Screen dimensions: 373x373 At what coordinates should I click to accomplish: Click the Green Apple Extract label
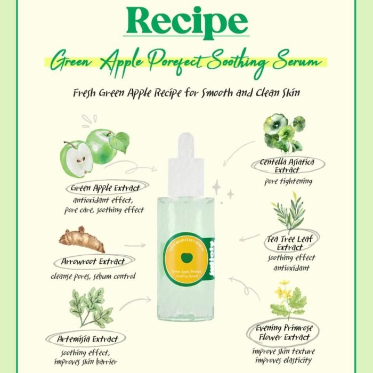106,188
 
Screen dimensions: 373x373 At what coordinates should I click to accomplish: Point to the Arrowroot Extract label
93,262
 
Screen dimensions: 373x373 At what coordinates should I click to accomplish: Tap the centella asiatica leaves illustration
284,132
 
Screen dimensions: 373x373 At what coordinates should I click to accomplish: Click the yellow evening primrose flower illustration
286,298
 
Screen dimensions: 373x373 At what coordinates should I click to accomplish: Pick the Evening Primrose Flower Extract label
284,334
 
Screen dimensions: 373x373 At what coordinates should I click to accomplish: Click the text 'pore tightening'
288,181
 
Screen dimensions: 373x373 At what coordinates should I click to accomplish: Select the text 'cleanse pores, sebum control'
93,277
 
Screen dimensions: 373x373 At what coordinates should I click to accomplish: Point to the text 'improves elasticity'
283,360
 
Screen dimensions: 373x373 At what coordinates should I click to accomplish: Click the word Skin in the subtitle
290,93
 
